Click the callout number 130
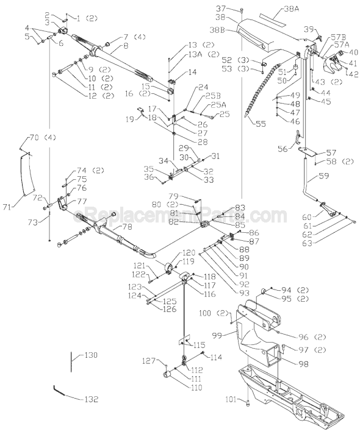[x=90, y=355]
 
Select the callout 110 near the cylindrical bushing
[x=195, y=387]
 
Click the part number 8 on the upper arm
[x=126, y=46]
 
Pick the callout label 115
[x=200, y=345]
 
